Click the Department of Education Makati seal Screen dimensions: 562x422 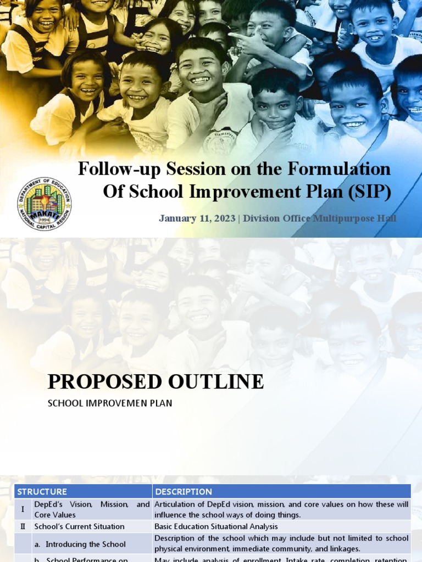coord(44,204)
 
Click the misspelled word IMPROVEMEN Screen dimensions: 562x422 coord(119,403)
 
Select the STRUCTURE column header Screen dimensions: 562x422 coord(42,492)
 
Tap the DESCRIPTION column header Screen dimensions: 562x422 coord(184,492)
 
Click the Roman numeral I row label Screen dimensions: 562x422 coord(23,509)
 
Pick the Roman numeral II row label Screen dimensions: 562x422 coord(23,527)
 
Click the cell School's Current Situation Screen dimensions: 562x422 coord(79,527)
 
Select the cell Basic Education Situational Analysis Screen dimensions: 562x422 coord(216,527)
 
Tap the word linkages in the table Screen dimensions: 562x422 coord(344,549)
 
